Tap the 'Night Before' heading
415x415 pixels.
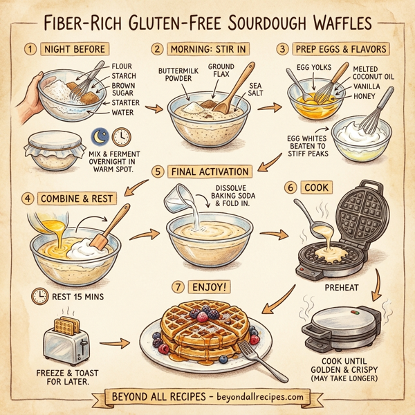[x=75, y=50]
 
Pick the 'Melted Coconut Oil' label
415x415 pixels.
[x=373, y=73]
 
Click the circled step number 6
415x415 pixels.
[x=290, y=187]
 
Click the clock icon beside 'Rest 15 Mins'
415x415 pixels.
[x=39, y=297]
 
